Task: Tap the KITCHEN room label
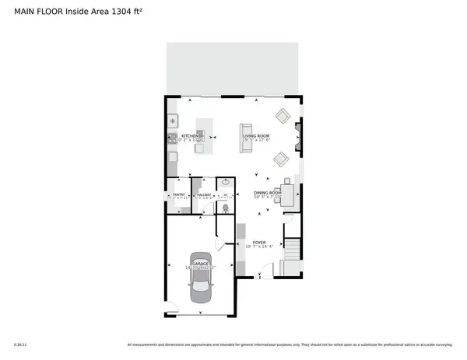(189, 136)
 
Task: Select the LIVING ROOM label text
(256, 136)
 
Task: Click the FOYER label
(259, 242)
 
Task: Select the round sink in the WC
(226, 182)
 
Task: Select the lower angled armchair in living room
(280, 159)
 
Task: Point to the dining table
(286, 194)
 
